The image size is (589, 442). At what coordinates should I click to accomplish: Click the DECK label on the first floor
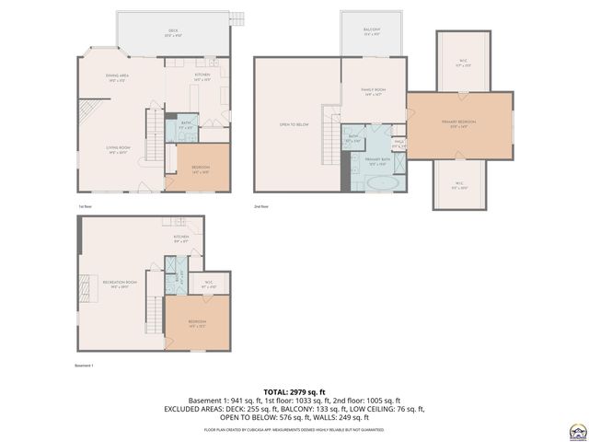pos(172,32)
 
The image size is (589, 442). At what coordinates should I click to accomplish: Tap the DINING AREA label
pos(118,77)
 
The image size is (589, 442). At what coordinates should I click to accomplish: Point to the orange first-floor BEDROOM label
pos(201,169)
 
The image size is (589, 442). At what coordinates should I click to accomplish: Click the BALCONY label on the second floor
pos(371,32)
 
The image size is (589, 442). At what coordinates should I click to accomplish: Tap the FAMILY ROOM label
pos(373,91)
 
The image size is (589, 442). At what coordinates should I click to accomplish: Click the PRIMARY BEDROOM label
pos(458,125)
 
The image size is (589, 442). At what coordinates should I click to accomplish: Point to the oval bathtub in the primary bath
pos(382,183)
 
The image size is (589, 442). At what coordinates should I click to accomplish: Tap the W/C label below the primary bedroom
pos(459,185)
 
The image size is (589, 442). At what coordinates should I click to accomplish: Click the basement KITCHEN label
pos(181,238)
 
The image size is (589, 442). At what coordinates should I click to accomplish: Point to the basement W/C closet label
pos(208,284)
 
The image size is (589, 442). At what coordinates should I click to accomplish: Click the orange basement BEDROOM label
pos(196,323)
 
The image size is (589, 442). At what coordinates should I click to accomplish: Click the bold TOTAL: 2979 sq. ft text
pos(294,391)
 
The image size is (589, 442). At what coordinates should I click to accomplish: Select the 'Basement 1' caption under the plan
pos(84,366)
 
